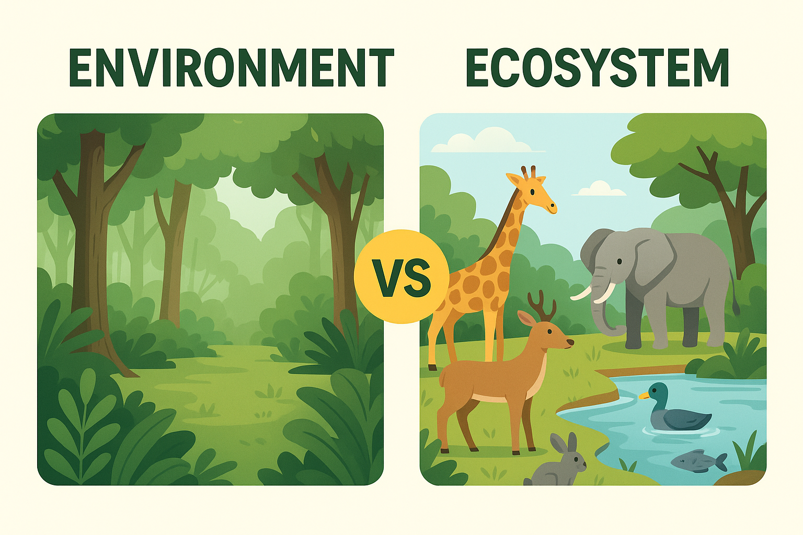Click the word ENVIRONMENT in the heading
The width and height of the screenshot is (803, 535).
tap(231, 68)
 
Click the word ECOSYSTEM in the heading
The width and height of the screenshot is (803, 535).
tap(597, 68)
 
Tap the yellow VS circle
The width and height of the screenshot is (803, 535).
tap(401, 276)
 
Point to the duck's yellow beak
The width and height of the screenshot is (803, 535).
tap(644, 396)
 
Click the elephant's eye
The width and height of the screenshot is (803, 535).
tap(619, 262)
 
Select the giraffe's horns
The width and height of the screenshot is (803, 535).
tap(528, 172)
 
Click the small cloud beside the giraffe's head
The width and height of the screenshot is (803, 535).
tap(599, 188)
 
